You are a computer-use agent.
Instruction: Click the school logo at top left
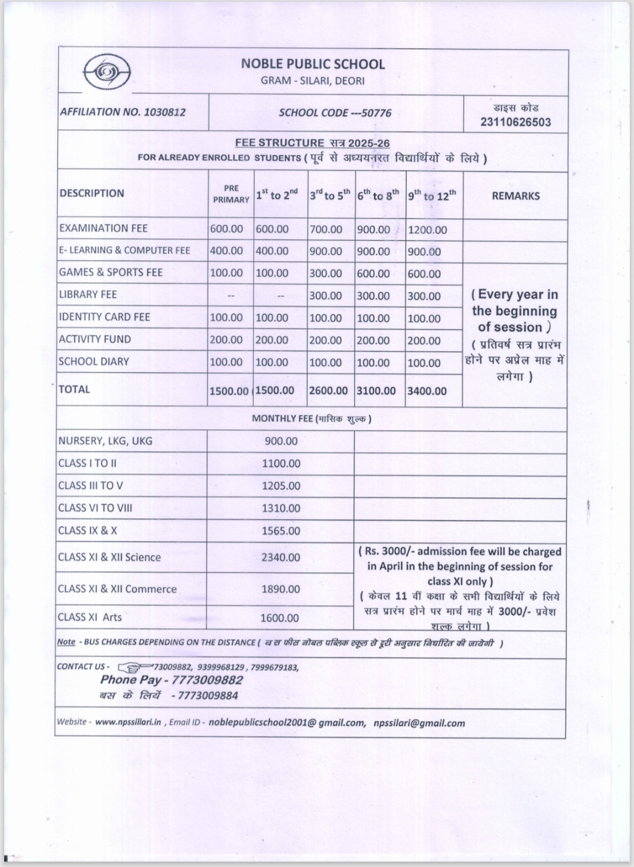pos(107,73)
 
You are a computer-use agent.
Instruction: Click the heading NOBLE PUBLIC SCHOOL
pos(313,64)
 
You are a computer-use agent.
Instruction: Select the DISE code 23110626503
pos(515,122)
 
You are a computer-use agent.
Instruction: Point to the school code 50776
pos(376,113)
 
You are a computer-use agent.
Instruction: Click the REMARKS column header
pos(515,196)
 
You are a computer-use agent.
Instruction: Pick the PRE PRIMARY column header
pos(231,194)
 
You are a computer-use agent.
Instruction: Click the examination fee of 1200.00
pos(427,230)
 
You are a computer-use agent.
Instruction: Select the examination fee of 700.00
pos(326,230)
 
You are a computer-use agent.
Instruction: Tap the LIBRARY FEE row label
pos(88,295)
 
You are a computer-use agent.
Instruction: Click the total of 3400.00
pos(427,391)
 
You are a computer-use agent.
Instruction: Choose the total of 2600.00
pos(328,390)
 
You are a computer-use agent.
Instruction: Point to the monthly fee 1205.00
pos(281,486)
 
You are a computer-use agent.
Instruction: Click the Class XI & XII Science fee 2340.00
pos(281,557)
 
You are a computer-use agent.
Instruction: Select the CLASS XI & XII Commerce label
pos(117,589)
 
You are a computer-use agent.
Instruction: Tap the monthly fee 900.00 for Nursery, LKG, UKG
pos(281,441)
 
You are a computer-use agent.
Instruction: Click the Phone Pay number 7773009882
pos(207,680)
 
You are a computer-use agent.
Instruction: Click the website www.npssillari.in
pos(128,722)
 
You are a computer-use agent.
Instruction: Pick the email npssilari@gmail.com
pos(419,723)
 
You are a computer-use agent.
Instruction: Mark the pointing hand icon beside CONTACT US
pos(134,667)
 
